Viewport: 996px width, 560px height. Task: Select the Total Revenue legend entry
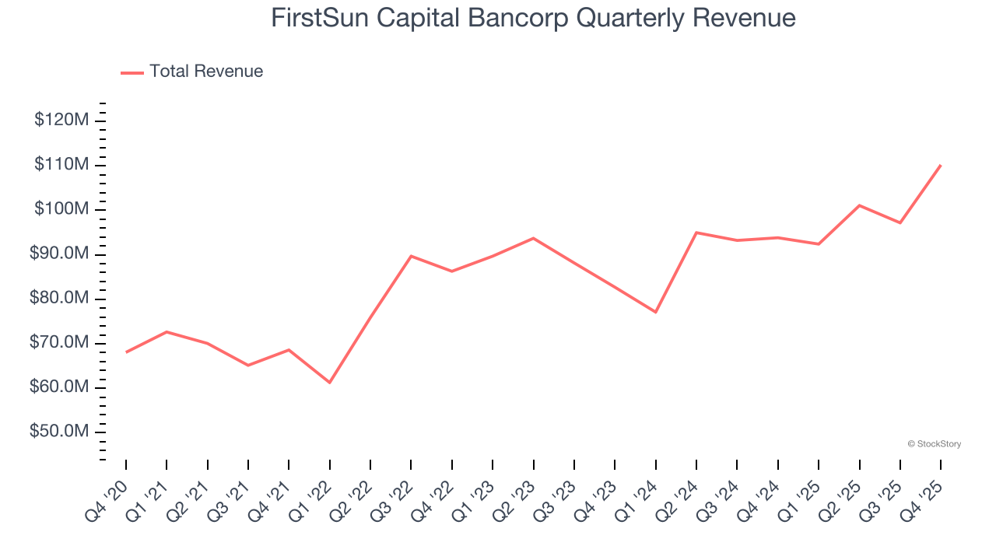[192, 72]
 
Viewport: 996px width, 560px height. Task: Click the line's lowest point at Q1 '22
[330, 382]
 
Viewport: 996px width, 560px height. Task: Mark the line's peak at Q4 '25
[941, 165]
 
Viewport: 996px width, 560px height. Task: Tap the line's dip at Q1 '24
[656, 312]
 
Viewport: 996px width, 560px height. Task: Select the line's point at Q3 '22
[411, 256]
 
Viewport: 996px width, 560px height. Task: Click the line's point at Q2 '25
[859, 205]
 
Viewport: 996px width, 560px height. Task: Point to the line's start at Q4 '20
[126, 352]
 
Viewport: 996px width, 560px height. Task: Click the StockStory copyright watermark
[934, 444]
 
